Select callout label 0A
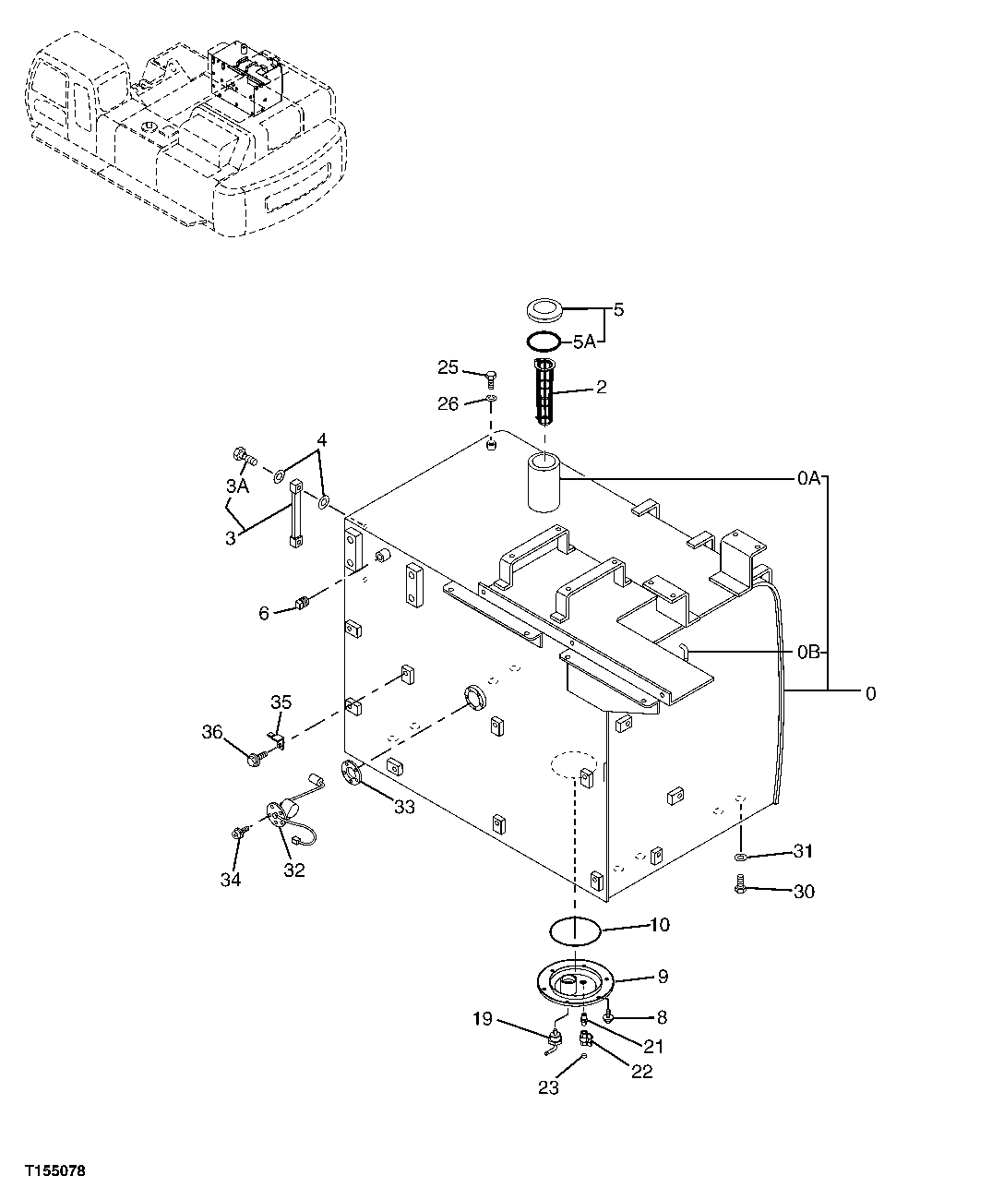coord(808,478)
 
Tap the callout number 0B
coord(808,652)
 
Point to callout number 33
coord(403,808)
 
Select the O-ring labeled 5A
coord(544,342)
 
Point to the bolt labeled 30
coord(741,887)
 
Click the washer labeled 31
coord(740,858)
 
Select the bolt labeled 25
coord(491,375)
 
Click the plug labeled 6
coord(300,606)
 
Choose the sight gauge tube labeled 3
coord(296,512)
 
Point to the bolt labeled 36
coord(255,758)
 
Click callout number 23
coord(548,1087)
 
